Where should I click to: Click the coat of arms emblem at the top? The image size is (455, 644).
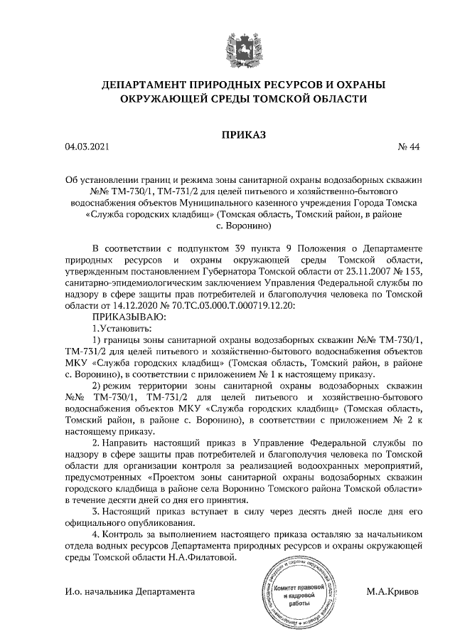coord(227,41)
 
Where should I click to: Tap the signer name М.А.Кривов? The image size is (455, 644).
coord(392,591)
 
